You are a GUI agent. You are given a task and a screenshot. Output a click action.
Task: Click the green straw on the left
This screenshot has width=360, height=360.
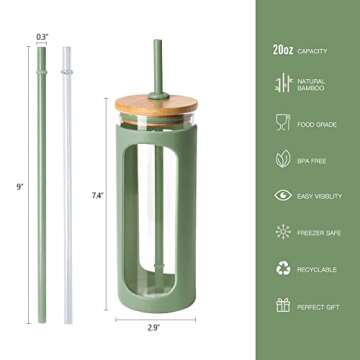click(x=42, y=180)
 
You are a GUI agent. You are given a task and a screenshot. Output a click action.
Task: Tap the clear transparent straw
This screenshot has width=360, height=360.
click(x=68, y=180)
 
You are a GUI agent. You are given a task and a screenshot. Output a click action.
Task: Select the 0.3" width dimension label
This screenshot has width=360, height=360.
click(x=42, y=37)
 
